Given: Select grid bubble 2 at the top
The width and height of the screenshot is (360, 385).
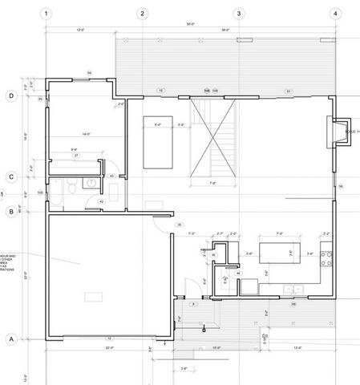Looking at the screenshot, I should click(x=142, y=14).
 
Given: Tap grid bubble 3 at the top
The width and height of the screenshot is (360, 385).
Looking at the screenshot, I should click(x=238, y=14).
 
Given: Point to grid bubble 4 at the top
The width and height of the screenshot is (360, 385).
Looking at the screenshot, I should click(x=334, y=14).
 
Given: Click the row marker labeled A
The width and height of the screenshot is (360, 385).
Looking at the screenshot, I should click(x=11, y=338).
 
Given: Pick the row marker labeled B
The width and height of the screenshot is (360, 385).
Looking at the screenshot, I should click(x=11, y=213).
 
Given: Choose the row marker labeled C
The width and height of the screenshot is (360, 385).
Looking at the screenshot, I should click(x=11, y=177).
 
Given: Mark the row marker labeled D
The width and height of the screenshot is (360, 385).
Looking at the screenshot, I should click(x=11, y=96).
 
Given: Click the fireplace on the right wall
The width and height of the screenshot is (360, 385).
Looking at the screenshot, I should click(x=340, y=132).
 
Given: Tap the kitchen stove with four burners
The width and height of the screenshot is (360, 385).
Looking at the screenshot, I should click(x=327, y=258).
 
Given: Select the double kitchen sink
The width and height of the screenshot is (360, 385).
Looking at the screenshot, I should click(x=293, y=289).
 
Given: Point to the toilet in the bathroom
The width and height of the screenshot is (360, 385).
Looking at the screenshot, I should click(x=72, y=187).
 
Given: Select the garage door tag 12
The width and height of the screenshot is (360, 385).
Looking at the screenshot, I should click(x=109, y=338).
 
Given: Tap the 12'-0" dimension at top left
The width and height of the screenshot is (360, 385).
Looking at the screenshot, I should click(x=80, y=30).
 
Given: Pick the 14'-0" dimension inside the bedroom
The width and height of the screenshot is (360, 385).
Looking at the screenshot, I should click(x=74, y=134).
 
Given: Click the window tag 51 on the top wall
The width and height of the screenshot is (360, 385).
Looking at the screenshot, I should click(x=288, y=91).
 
